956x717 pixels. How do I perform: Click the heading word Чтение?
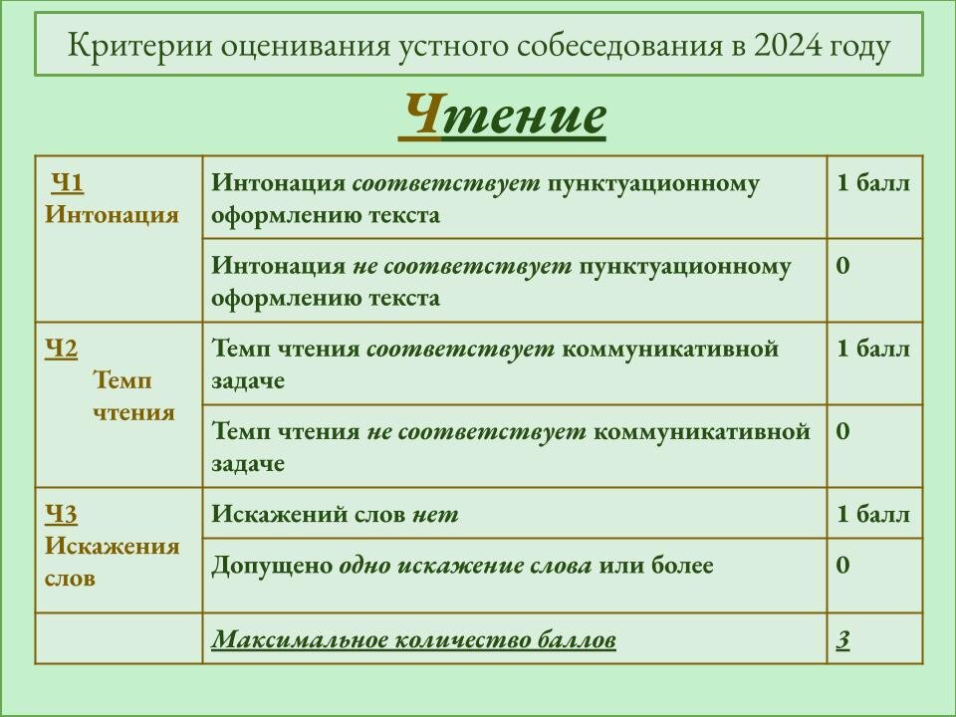503,116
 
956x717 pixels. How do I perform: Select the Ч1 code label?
67,183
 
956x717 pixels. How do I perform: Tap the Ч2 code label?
61,349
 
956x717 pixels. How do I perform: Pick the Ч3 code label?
61,514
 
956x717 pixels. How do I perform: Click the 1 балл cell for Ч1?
872,183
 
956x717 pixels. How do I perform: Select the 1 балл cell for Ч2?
872,349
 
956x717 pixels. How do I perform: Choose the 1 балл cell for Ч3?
872,515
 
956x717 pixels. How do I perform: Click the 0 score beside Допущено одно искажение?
842,566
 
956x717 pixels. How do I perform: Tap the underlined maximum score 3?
842,640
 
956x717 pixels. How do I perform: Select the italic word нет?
436,515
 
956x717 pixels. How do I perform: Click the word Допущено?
271,566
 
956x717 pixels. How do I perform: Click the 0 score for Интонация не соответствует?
842,266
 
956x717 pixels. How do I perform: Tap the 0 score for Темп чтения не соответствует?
842,431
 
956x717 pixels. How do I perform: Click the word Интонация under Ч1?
112,215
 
